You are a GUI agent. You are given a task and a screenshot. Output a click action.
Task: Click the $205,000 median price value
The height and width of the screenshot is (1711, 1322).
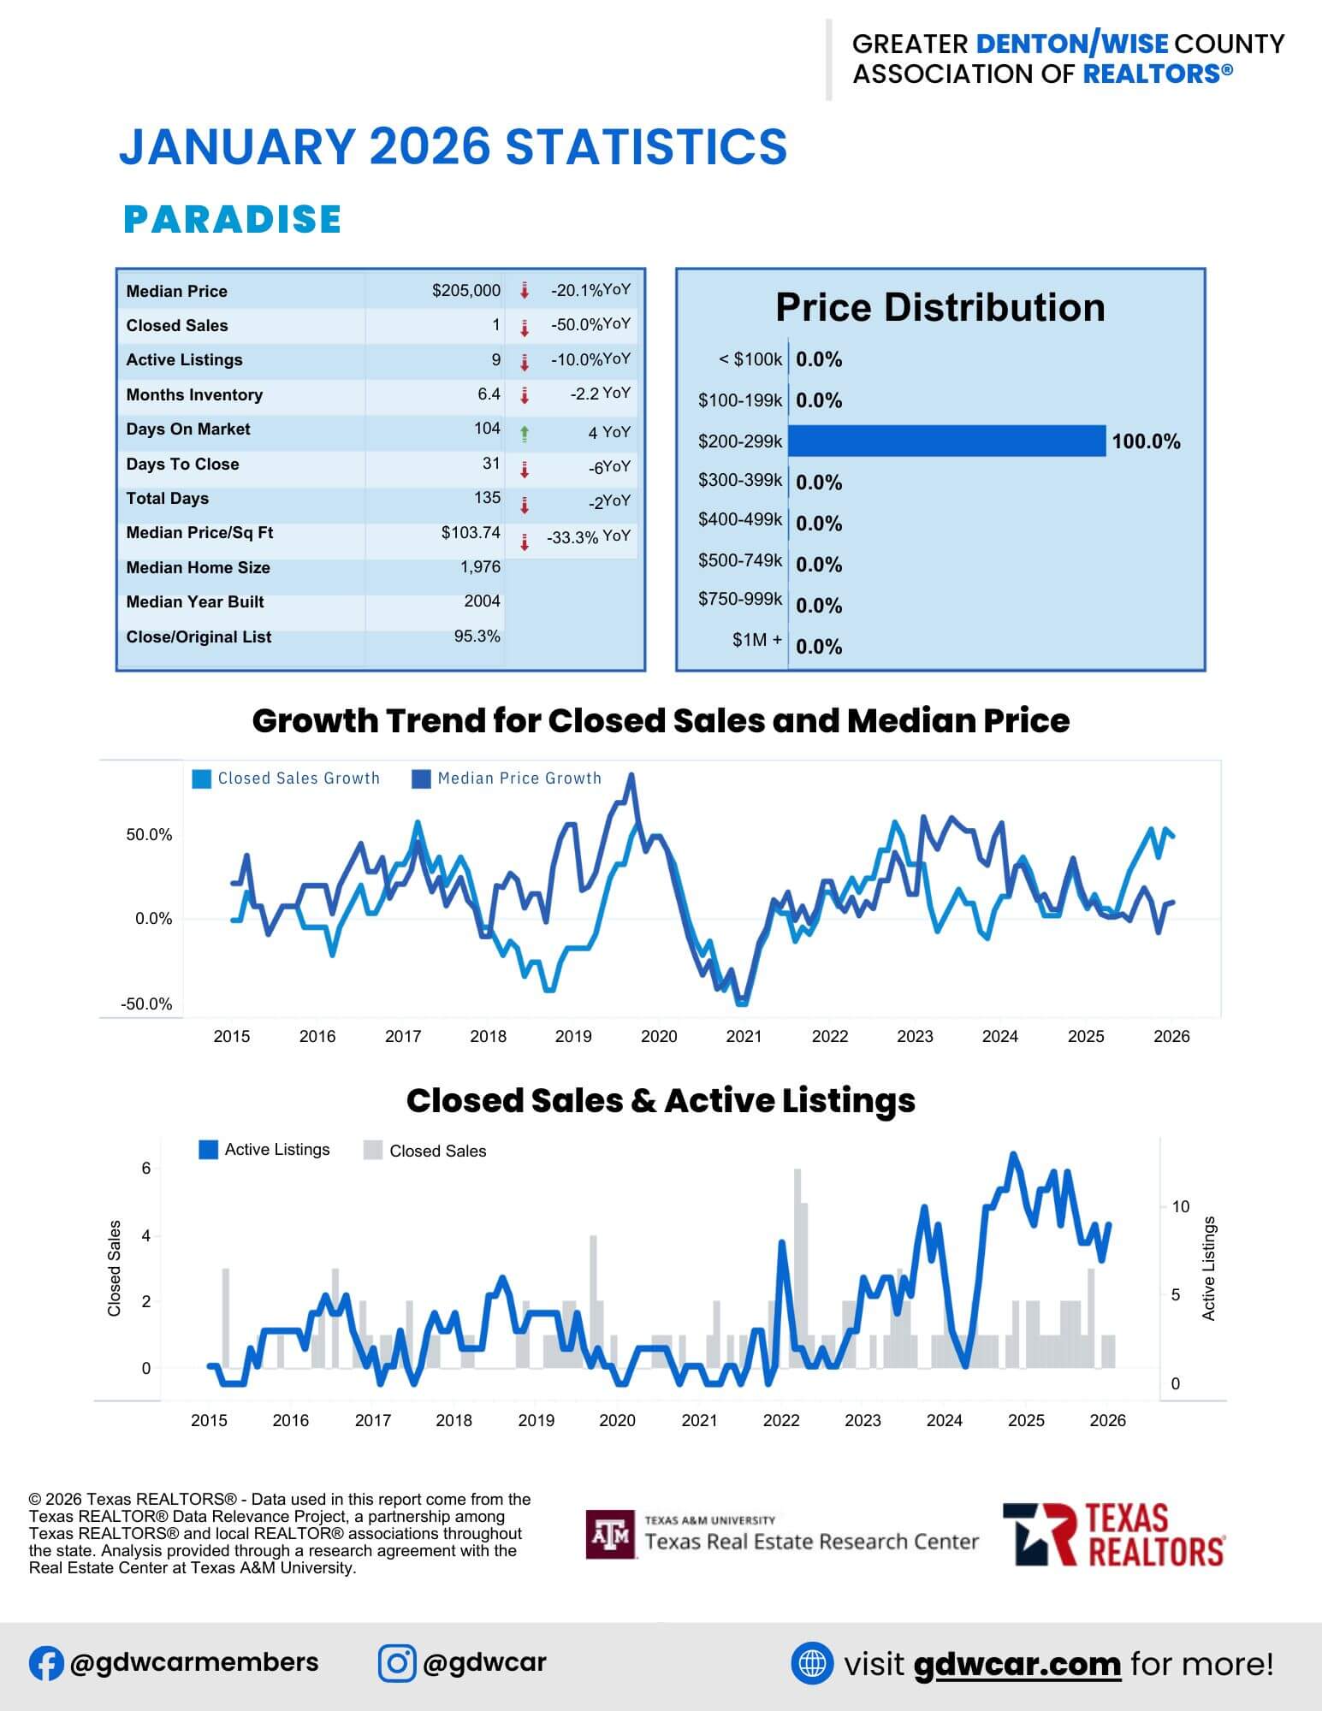tap(465, 291)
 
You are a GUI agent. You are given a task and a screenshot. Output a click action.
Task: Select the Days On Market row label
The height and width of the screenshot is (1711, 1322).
tap(188, 429)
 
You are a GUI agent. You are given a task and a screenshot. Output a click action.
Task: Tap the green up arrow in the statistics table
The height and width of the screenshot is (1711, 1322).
tap(525, 434)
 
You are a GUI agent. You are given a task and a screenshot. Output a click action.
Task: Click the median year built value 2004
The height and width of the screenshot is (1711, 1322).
tap(482, 601)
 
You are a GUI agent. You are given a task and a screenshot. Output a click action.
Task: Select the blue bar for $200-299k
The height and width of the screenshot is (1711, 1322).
tap(946, 441)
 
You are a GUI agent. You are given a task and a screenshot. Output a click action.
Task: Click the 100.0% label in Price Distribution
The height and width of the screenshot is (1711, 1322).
tap(1146, 442)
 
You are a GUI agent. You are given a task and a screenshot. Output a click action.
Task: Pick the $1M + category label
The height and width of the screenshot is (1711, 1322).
tap(756, 640)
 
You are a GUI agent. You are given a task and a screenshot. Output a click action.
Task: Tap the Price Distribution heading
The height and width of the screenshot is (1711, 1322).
tap(940, 308)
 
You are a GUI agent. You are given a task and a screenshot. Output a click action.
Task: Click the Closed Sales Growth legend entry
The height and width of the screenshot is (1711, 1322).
tap(287, 779)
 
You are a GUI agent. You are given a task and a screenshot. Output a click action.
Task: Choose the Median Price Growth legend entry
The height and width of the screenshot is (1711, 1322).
tap(507, 779)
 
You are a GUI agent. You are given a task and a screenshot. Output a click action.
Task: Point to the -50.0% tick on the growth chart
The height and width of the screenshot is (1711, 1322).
tap(146, 1004)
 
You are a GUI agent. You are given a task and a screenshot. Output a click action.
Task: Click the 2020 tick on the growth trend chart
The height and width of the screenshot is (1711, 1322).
tap(659, 1037)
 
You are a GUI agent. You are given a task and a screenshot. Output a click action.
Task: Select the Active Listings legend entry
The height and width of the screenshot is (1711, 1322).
tap(264, 1150)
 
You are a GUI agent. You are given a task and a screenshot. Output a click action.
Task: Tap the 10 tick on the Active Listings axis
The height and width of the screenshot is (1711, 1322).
tap(1181, 1207)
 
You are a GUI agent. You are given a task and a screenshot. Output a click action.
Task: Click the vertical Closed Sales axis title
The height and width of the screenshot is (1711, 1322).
tap(115, 1268)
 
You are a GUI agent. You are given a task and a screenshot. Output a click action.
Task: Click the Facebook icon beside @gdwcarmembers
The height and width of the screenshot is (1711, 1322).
tap(46, 1663)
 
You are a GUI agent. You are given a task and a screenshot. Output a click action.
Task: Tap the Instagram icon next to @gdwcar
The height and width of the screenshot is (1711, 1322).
tap(397, 1663)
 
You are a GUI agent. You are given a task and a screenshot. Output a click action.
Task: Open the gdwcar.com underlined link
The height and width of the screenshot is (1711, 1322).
tap(1017, 1664)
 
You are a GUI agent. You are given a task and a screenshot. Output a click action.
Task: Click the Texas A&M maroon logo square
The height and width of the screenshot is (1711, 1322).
tap(611, 1535)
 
